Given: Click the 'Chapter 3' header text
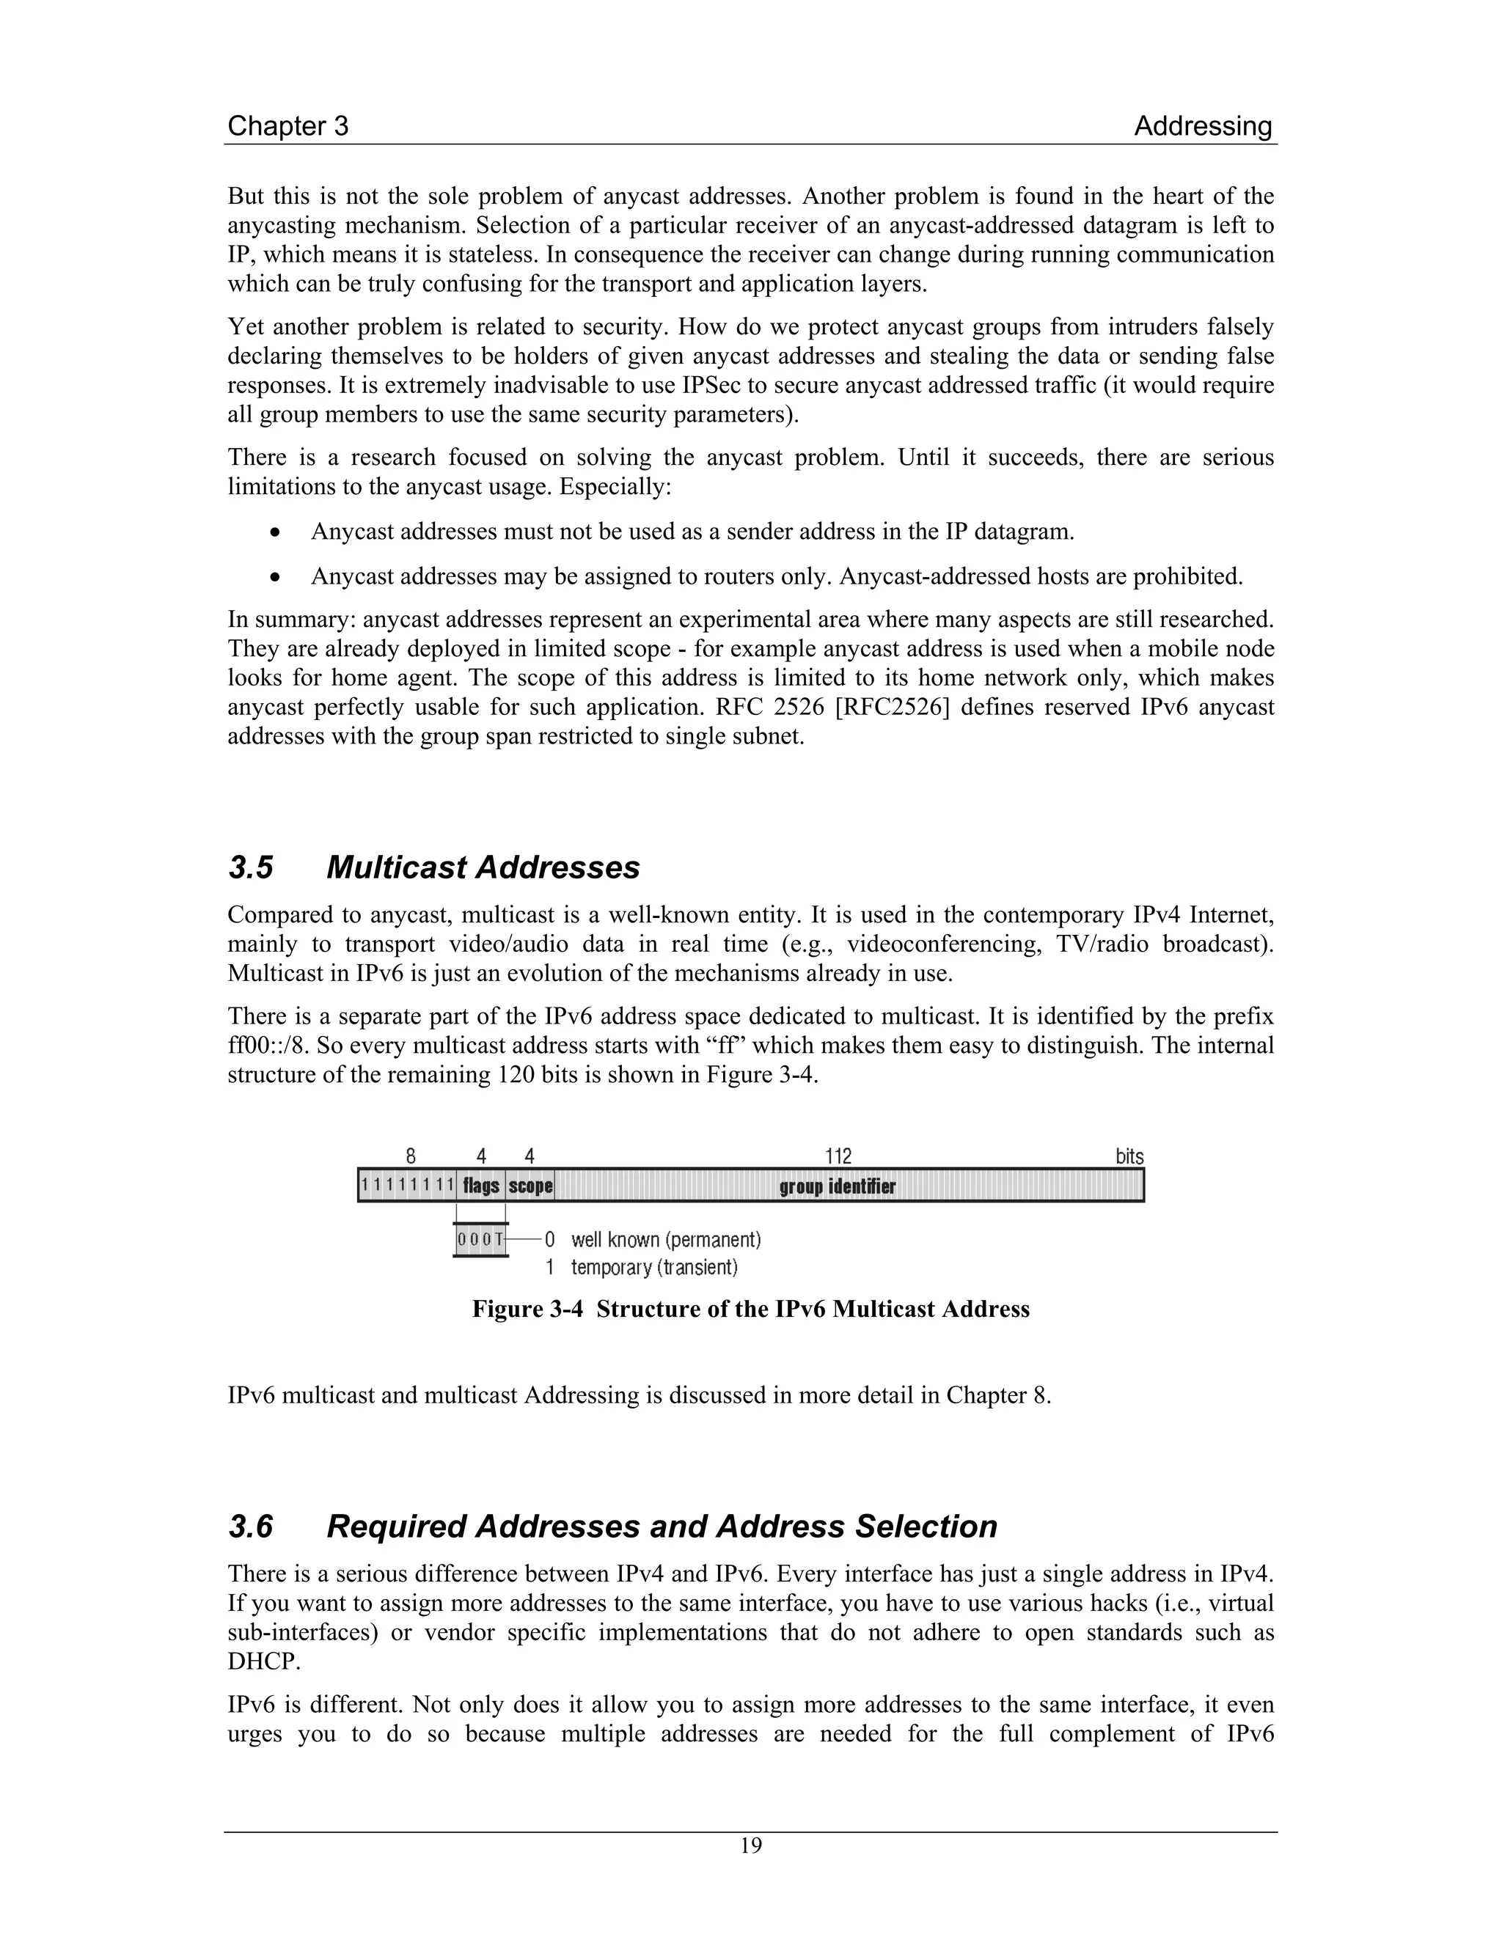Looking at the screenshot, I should [287, 126].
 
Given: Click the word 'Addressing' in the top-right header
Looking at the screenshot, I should [1202, 126].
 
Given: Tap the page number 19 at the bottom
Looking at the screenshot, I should [751, 1846].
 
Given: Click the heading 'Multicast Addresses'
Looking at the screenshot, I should [483, 867].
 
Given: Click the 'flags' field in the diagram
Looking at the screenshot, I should [480, 1186].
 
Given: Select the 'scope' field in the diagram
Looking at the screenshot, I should [530, 1186].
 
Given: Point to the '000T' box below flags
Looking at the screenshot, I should [480, 1239].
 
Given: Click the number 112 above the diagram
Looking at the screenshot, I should [838, 1156].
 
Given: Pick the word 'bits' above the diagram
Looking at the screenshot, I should [1129, 1156].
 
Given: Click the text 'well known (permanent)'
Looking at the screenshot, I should [666, 1239].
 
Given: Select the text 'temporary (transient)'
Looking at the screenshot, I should [654, 1267].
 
